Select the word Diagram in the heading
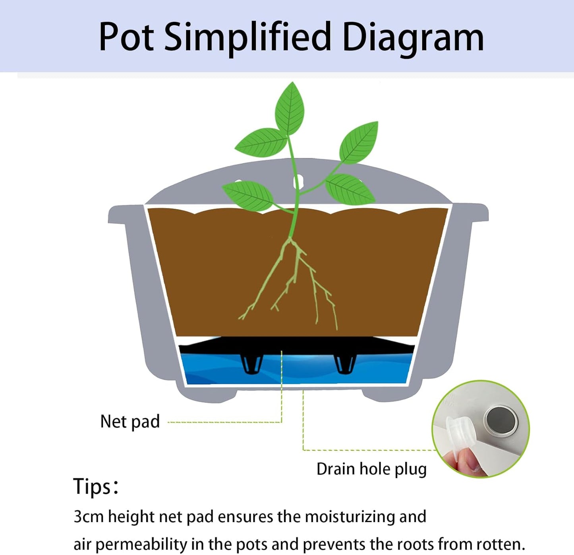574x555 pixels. (413, 38)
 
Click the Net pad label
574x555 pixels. (130, 422)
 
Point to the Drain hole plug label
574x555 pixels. (371, 469)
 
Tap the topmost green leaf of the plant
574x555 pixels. (290, 108)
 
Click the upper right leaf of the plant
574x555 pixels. (359, 142)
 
